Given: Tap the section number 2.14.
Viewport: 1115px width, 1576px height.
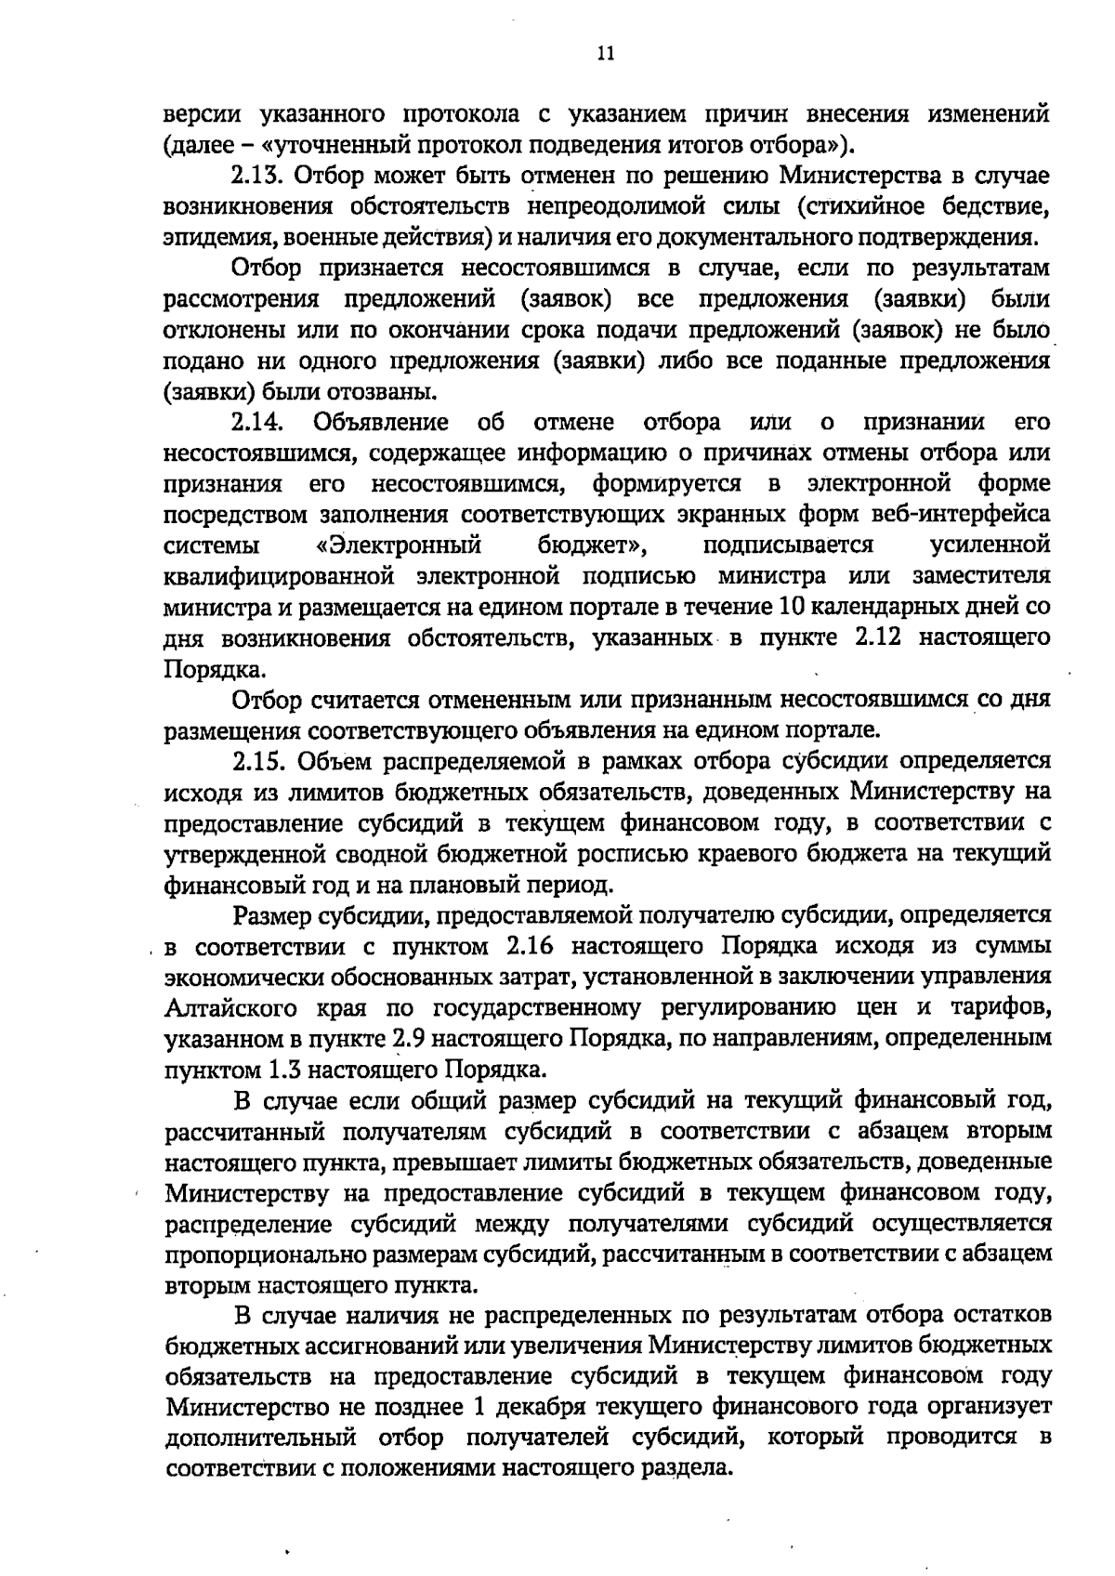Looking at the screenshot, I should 256,423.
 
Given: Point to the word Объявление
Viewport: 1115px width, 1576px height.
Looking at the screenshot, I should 382,423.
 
